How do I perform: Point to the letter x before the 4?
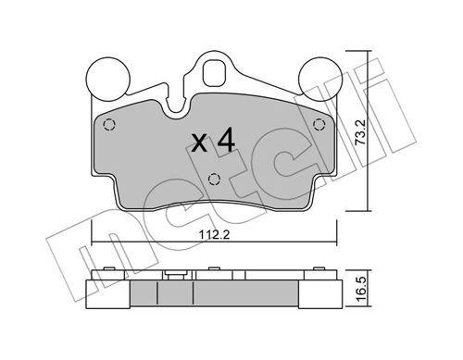coord(198,143)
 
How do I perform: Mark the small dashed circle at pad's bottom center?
coord(214,180)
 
